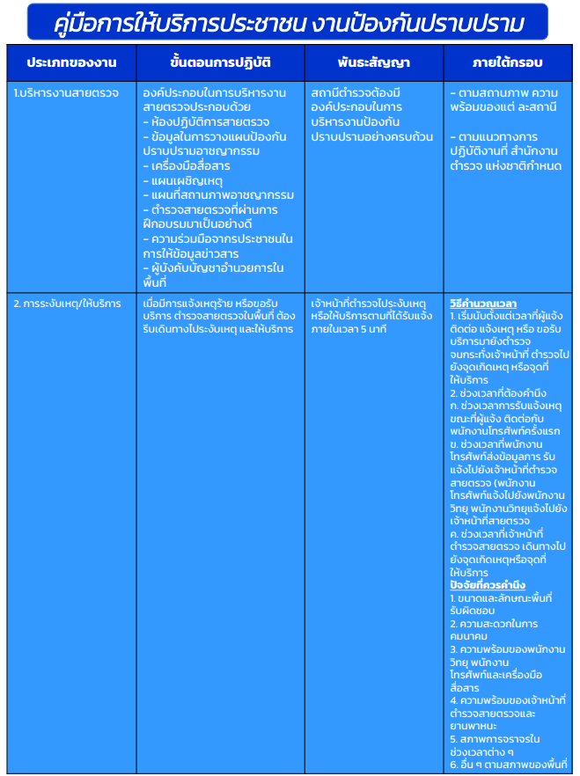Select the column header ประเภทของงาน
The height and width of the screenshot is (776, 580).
[71, 63]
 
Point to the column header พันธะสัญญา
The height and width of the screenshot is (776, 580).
[372, 63]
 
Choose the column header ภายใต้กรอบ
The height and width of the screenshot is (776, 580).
[507, 63]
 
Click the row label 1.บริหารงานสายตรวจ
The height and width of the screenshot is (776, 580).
[55, 92]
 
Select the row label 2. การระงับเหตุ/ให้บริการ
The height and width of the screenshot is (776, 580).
[67, 304]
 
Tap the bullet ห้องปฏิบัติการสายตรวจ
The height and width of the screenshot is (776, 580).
[209, 121]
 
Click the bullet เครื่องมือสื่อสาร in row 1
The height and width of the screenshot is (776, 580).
[191, 165]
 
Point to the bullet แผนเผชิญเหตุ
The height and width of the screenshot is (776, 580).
[184, 180]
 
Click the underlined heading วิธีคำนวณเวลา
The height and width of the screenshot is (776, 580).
[482, 304]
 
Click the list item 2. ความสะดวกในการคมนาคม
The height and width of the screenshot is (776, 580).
[494, 630]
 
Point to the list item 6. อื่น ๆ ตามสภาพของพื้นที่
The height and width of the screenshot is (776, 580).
[508, 765]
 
